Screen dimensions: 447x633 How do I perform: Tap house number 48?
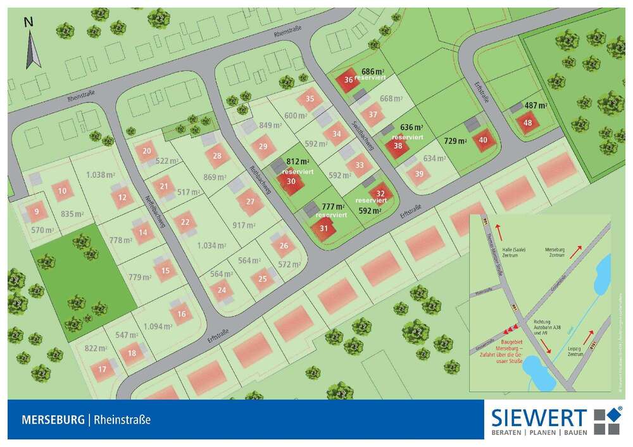[528, 123]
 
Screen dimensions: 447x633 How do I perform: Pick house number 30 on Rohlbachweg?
[291, 181]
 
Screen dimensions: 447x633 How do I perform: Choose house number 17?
[103, 370]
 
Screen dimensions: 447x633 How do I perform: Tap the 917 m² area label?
[244, 225]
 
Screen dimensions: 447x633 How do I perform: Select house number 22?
[185, 223]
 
